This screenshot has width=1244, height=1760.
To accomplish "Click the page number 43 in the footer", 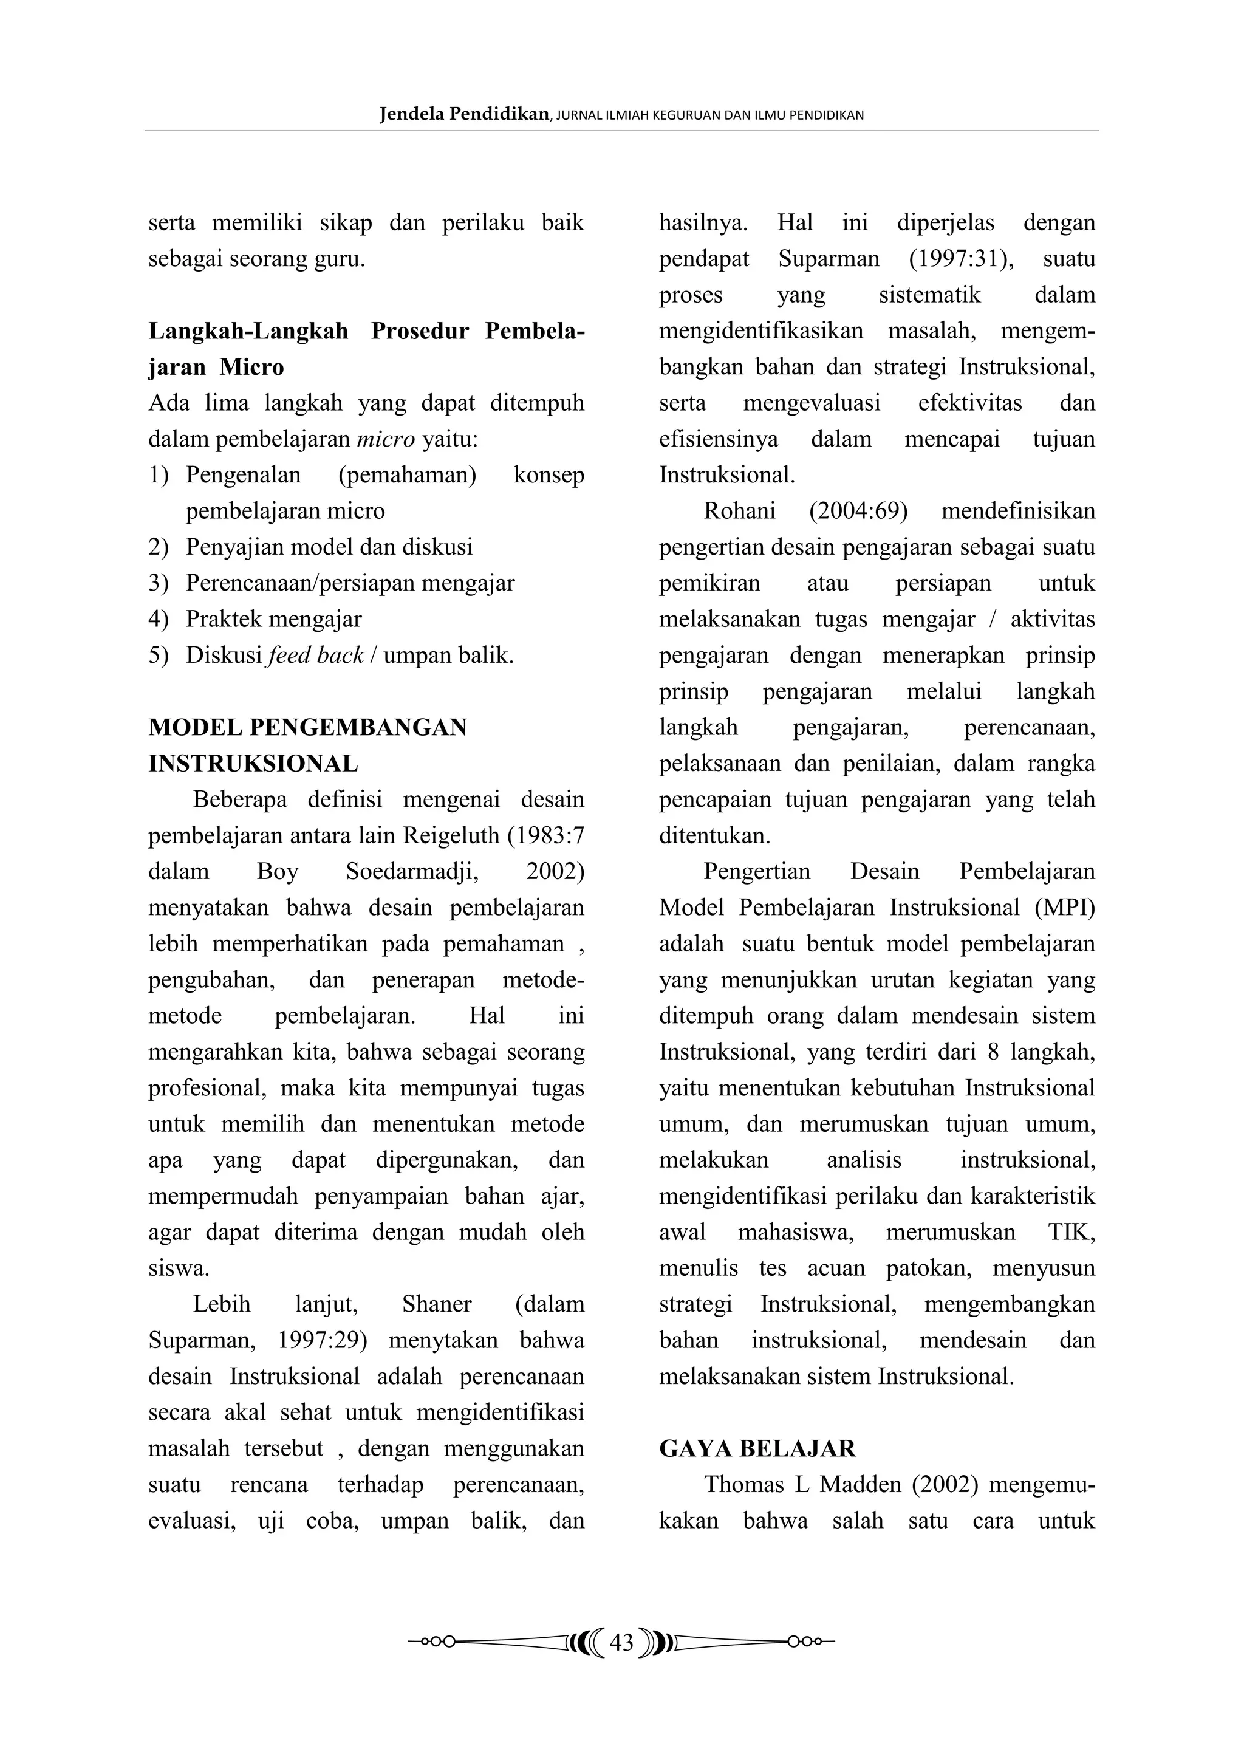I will (x=621, y=1642).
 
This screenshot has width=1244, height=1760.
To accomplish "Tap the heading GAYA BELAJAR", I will (x=757, y=1448).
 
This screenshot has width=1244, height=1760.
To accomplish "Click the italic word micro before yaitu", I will (x=386, y=439).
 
